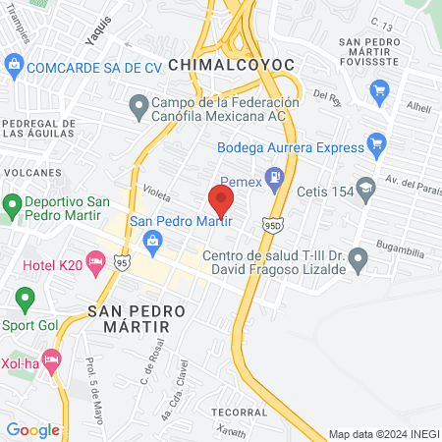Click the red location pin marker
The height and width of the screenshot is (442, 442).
221,200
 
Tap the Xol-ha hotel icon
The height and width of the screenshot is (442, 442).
52,360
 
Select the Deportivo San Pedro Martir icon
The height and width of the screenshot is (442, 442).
12,206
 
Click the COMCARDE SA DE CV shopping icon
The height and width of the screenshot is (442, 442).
14,67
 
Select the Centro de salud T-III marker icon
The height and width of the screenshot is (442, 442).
359,261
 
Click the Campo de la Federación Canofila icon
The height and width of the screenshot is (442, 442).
138,103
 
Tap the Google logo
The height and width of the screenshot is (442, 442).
32,429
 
